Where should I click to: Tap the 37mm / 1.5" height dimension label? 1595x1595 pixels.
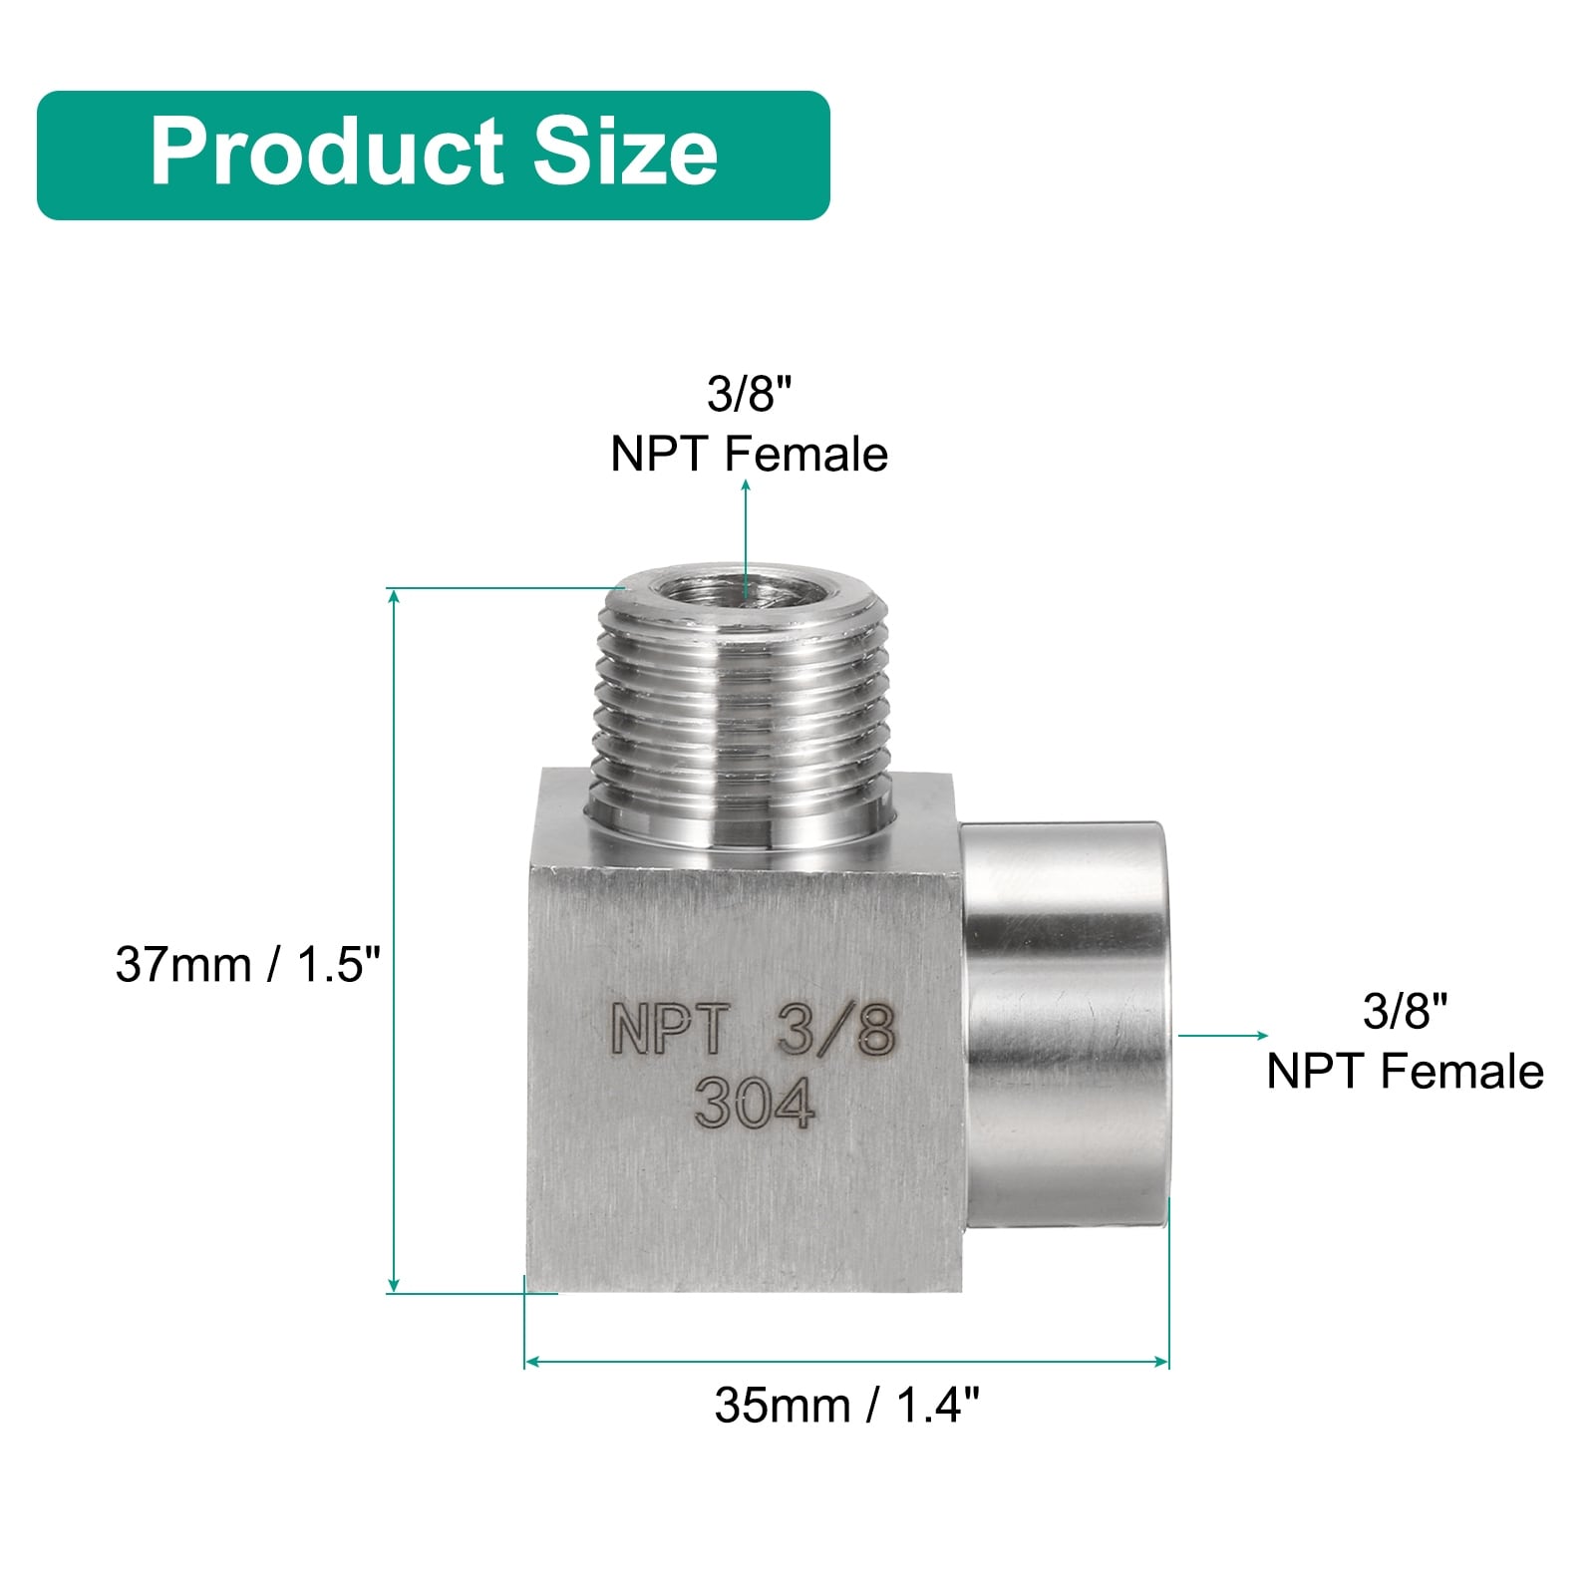tap(248, 965)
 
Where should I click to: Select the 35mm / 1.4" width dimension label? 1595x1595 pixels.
tap(846, 1406)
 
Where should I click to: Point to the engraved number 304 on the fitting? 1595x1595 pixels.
tap(755, 1104)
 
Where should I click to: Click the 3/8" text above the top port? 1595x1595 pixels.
tap(749, 395)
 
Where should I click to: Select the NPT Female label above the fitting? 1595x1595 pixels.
tap(749, 455)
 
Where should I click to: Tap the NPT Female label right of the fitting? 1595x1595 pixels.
tap(1405, 1072)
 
